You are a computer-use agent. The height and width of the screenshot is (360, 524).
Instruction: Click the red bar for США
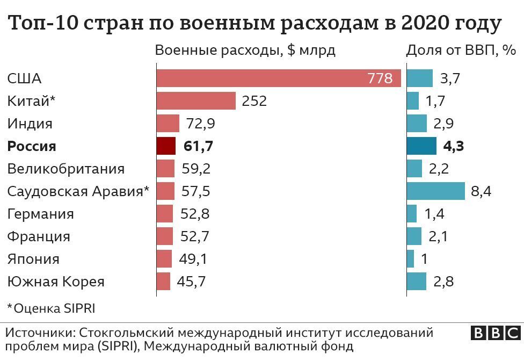pos(268,78)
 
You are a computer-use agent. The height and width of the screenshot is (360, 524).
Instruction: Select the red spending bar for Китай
pos(196,101)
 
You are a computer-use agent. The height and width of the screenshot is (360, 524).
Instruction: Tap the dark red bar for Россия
pos(166,146)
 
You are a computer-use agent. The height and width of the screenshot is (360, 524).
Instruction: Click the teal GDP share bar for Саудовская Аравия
pos(435,191)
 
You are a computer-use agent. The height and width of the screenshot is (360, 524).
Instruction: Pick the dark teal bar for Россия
pos(421,146)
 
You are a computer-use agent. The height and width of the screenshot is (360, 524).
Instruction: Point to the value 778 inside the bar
pos(380,78)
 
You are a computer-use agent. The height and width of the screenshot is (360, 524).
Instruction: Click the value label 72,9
pos(200,124)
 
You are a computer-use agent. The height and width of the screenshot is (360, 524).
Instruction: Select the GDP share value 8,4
pos(481,192)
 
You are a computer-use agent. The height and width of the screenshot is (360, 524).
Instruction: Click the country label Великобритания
pos(66,169)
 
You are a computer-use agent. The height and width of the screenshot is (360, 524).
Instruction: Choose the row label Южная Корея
pos(56,282)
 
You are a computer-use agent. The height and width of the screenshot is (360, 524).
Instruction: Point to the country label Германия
pos(40,214)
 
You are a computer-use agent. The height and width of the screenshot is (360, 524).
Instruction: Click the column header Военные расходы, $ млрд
pos(245,51)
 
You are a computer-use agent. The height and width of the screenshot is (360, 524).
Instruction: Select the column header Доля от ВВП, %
pos(461,51)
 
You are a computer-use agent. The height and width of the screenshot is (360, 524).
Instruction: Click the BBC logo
pos(496,333)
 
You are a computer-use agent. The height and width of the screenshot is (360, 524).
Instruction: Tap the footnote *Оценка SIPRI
pos(51,308)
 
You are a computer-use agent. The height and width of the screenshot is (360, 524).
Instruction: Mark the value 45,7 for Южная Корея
pos(192,282)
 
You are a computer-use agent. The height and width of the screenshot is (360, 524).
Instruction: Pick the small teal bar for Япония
pos(411,259)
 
